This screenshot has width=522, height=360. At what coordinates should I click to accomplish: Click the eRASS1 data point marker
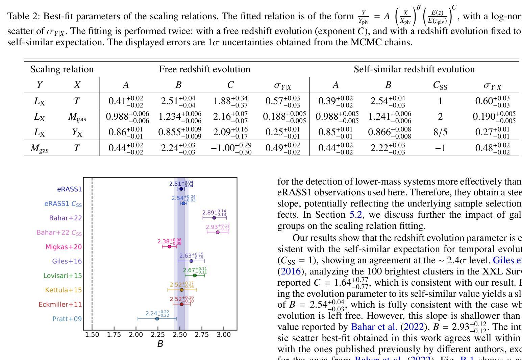(181, 189)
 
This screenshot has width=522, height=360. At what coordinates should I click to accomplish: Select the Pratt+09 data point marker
(157, 318)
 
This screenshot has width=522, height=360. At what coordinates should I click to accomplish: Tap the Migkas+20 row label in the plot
(64, 247)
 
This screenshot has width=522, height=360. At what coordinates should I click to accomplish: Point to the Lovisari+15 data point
(195, 275)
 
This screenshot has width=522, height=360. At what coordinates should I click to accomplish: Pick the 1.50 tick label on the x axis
(92, 335)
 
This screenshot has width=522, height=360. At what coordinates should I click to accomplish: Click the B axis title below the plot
(160, 344)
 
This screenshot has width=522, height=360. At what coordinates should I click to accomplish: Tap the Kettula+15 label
(64, 290)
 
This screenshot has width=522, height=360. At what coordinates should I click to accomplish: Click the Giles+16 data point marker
(191, 261)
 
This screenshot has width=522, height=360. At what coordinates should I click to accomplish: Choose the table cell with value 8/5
(440, 132)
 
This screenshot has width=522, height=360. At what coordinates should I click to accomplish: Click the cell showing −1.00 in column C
(231, 148)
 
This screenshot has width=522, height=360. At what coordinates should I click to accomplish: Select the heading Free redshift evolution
(204, 69)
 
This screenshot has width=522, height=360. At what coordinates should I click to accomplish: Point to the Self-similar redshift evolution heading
(414, 69)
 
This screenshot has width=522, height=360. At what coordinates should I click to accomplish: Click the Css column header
(440, 85)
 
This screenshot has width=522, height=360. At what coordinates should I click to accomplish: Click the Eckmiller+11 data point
(181, 304)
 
